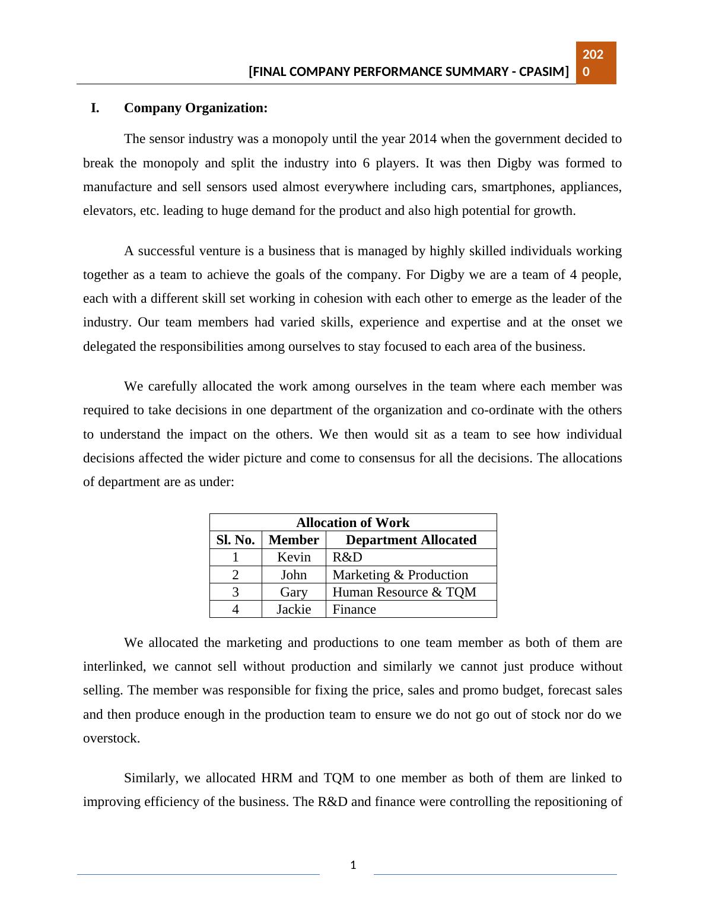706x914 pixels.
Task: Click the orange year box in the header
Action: [596, 63]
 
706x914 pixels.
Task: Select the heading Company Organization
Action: [196, 108]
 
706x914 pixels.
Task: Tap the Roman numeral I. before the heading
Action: [95, 108]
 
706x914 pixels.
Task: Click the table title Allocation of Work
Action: [352, 522]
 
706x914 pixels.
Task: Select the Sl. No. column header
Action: [236, 540]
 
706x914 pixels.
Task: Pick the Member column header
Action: [294, 540]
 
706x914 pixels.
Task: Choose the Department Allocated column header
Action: [411, 540]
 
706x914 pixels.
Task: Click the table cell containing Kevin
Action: [294, 557]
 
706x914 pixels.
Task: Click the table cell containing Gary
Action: [294, 592]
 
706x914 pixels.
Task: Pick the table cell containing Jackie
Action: [294, 609]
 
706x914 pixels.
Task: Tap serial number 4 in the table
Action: [236, 609]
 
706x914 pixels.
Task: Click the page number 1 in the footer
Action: [353, 865]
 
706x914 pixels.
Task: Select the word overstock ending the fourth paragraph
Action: [111, 738]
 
